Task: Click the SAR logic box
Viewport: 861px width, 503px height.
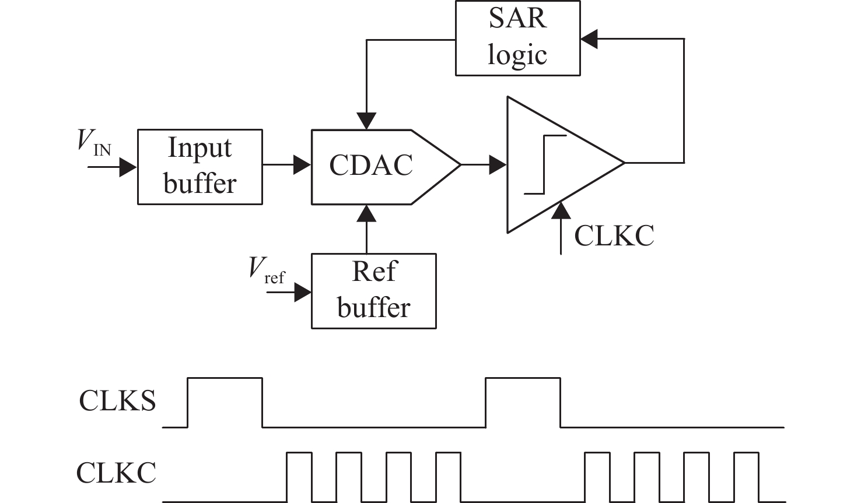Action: (517, 38)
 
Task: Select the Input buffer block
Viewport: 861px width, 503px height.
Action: (199, 166)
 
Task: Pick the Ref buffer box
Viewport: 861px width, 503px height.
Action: (373, 291)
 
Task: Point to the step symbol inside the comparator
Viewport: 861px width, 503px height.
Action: (545, 164)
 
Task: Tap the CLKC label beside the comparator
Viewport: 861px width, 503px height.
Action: (614, 236)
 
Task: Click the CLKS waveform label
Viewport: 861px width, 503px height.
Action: (118, 402)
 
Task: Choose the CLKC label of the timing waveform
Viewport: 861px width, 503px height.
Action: (117, 473)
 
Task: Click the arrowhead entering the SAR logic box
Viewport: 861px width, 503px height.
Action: (589, 39)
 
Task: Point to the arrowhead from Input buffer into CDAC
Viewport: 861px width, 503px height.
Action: (302, 164)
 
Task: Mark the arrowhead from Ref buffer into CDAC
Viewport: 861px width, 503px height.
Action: (366, 213)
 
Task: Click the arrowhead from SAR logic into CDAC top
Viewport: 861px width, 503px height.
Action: (366, 121)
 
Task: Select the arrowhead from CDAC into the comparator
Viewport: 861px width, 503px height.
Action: (498, 164)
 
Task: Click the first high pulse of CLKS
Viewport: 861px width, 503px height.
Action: (225, 402)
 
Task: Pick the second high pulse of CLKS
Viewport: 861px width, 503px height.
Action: (523, 402)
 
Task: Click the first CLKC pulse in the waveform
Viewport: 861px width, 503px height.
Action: (299, 476)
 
